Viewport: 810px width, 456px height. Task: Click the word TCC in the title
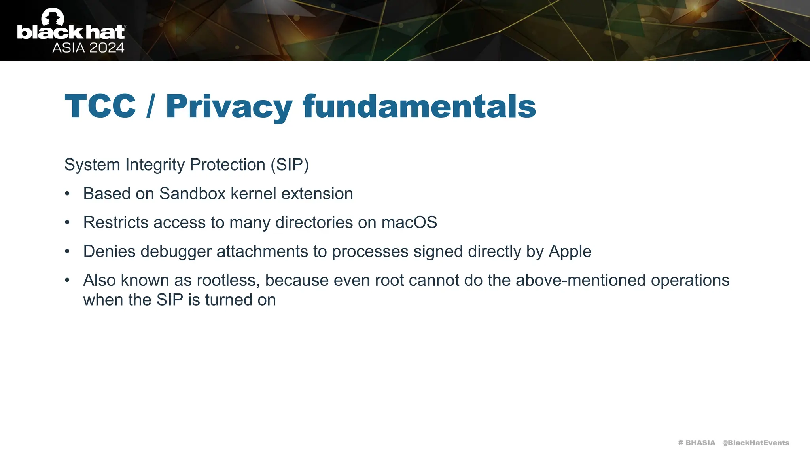(100, 106)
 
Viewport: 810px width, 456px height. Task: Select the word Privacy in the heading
(229, 107)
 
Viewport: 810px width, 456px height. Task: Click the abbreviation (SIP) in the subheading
(290, 165)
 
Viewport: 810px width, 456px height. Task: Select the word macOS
(409, 222)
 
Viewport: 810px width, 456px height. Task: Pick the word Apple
(570, 252)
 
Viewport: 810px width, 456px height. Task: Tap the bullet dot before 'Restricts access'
(67, 223)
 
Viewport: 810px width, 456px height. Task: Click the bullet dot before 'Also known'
(67, 281)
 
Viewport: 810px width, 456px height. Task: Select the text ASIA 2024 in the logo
(88, 48)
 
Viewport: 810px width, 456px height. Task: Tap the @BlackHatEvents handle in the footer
(755, 443)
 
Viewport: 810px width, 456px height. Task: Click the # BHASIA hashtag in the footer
(696, 443)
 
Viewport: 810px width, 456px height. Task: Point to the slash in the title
(150, 106)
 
